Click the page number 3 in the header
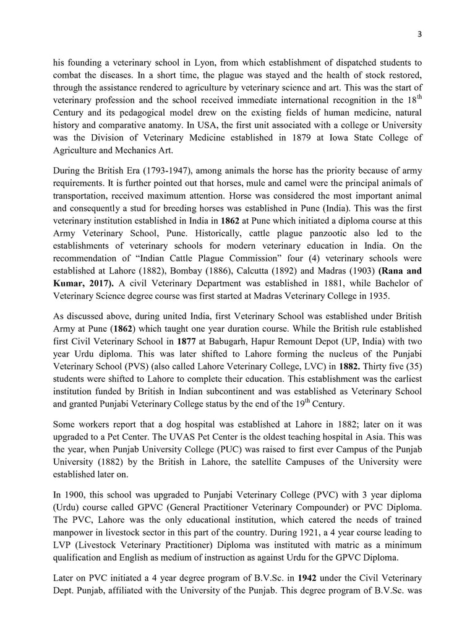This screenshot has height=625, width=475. coord(419,35)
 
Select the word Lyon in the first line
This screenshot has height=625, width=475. coord(190,62)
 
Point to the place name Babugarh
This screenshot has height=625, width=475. coord(229,341)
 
